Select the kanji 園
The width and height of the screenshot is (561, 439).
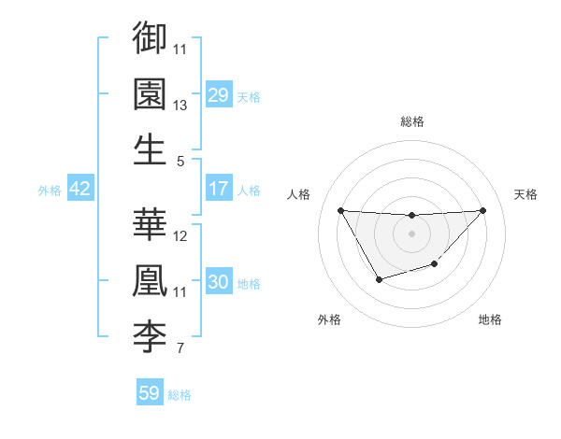150,93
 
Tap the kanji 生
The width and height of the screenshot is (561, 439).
150,149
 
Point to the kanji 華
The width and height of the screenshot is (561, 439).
150,224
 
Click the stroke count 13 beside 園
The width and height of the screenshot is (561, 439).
180,106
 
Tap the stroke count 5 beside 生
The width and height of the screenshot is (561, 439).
180,162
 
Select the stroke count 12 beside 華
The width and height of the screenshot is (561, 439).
180,236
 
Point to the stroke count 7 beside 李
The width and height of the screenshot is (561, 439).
180,350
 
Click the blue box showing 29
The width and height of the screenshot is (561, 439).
218,95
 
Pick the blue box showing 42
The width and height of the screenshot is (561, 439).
80,190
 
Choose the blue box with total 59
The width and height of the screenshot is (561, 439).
150,393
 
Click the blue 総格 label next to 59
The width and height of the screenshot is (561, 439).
180,395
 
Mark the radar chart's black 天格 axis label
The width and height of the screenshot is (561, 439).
525,194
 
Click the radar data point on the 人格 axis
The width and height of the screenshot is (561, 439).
340,210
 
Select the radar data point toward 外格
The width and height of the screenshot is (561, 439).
379,279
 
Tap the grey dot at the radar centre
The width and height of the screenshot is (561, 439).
411,234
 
